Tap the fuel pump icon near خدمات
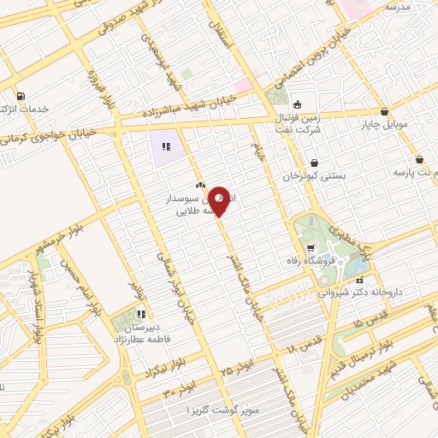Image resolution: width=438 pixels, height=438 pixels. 20,96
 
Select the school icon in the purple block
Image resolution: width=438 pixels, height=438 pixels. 166,145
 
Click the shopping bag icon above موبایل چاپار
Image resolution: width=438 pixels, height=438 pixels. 384,112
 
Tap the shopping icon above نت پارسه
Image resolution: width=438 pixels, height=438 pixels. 419,160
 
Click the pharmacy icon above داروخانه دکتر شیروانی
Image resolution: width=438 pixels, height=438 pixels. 360,279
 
